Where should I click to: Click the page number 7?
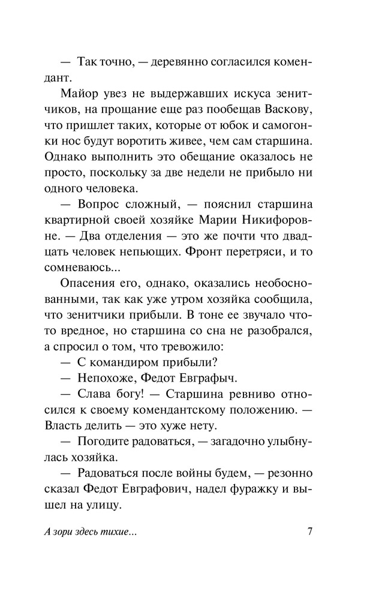310,533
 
